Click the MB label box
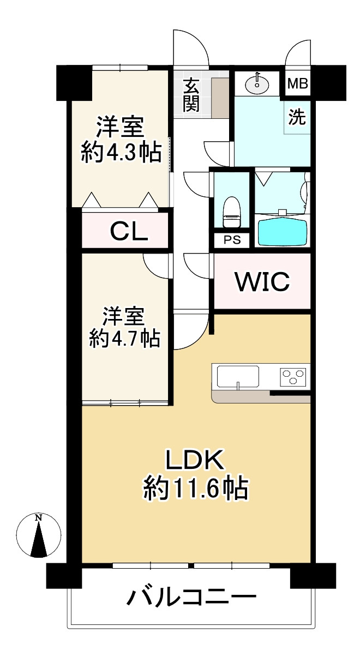(x=298, y=85)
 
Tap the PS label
(x=232, y=240)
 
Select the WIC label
(x=262, y=281)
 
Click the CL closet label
(x=129, y=232)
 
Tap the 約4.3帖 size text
(x=121, y=153)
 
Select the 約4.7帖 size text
(x=124, y=339)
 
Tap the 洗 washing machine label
(x=297, y=117)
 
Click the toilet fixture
(x=231, y=213)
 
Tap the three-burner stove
(x=293, y=376)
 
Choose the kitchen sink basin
(x=238, y=376)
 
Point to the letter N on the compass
(x=38, y=518)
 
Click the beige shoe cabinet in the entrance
(x=220, y=97)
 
